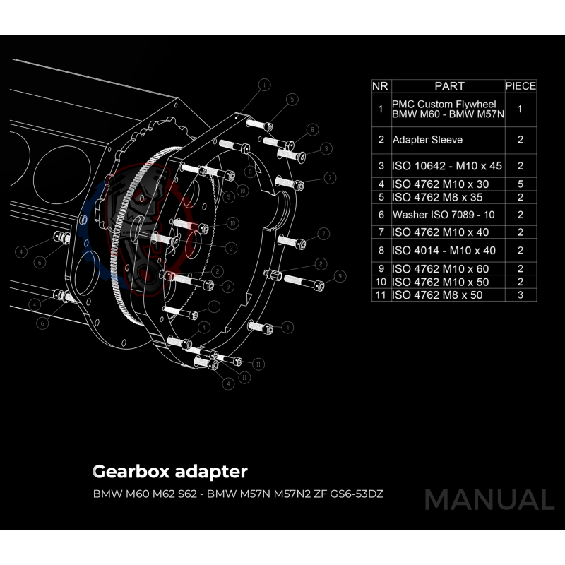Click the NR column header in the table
(380, 86)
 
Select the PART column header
(449, 86)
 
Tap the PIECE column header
(521, 86)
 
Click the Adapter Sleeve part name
(427, 140)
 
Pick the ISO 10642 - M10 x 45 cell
(446, 167)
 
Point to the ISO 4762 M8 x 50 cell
(437, 295)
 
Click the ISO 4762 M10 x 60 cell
(440, 269)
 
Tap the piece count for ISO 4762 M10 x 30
(521, 184)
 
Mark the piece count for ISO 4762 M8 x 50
(521, 295)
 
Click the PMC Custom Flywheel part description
(447, 109)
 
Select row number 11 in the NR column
(381, 295)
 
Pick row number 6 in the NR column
(381, 214)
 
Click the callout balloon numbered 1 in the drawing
(264, 85)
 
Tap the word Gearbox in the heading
(129, 472)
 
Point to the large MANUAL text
(489, 500)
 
